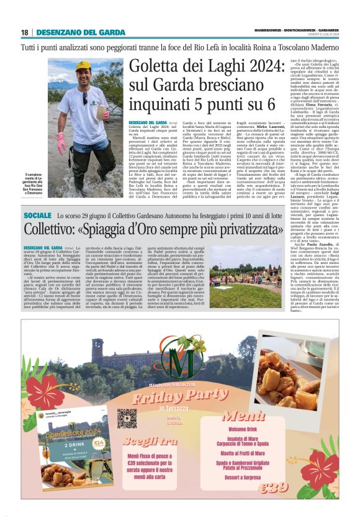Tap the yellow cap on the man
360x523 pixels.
tap(83, 65)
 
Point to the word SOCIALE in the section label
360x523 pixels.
tap(42, 215)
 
